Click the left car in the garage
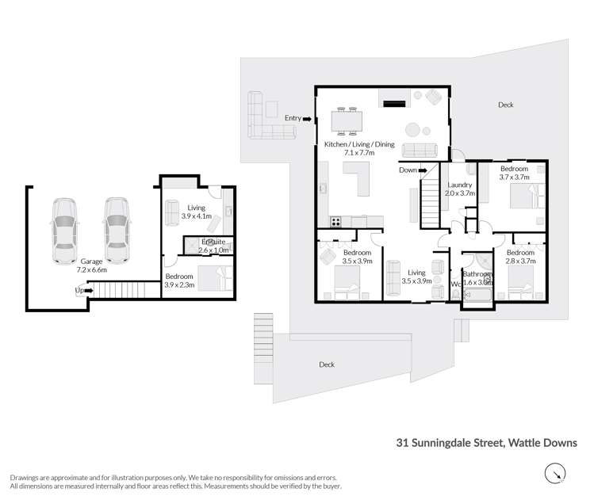pyautogui.click(x=65, y=230)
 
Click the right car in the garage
pyautogui.click(x=116, y=230)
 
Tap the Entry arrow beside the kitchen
pyautogui.click(x=307, y=118)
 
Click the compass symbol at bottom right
pyautogui.click(x=556, y=474)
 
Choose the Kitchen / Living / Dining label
pyautogui.click(x=358, y=148)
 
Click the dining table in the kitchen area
pyautogui.click(x=347, y=120)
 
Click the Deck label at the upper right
pyautogui.click(x=505, y=105)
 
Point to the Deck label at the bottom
pyautogui.click(x=326, y=365)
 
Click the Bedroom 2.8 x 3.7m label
pyautogui.click(x=520, y=257)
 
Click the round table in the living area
pyautogui.click(x=415, y=129)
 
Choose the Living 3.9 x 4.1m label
pyautogui.click(x=194, y=211)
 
